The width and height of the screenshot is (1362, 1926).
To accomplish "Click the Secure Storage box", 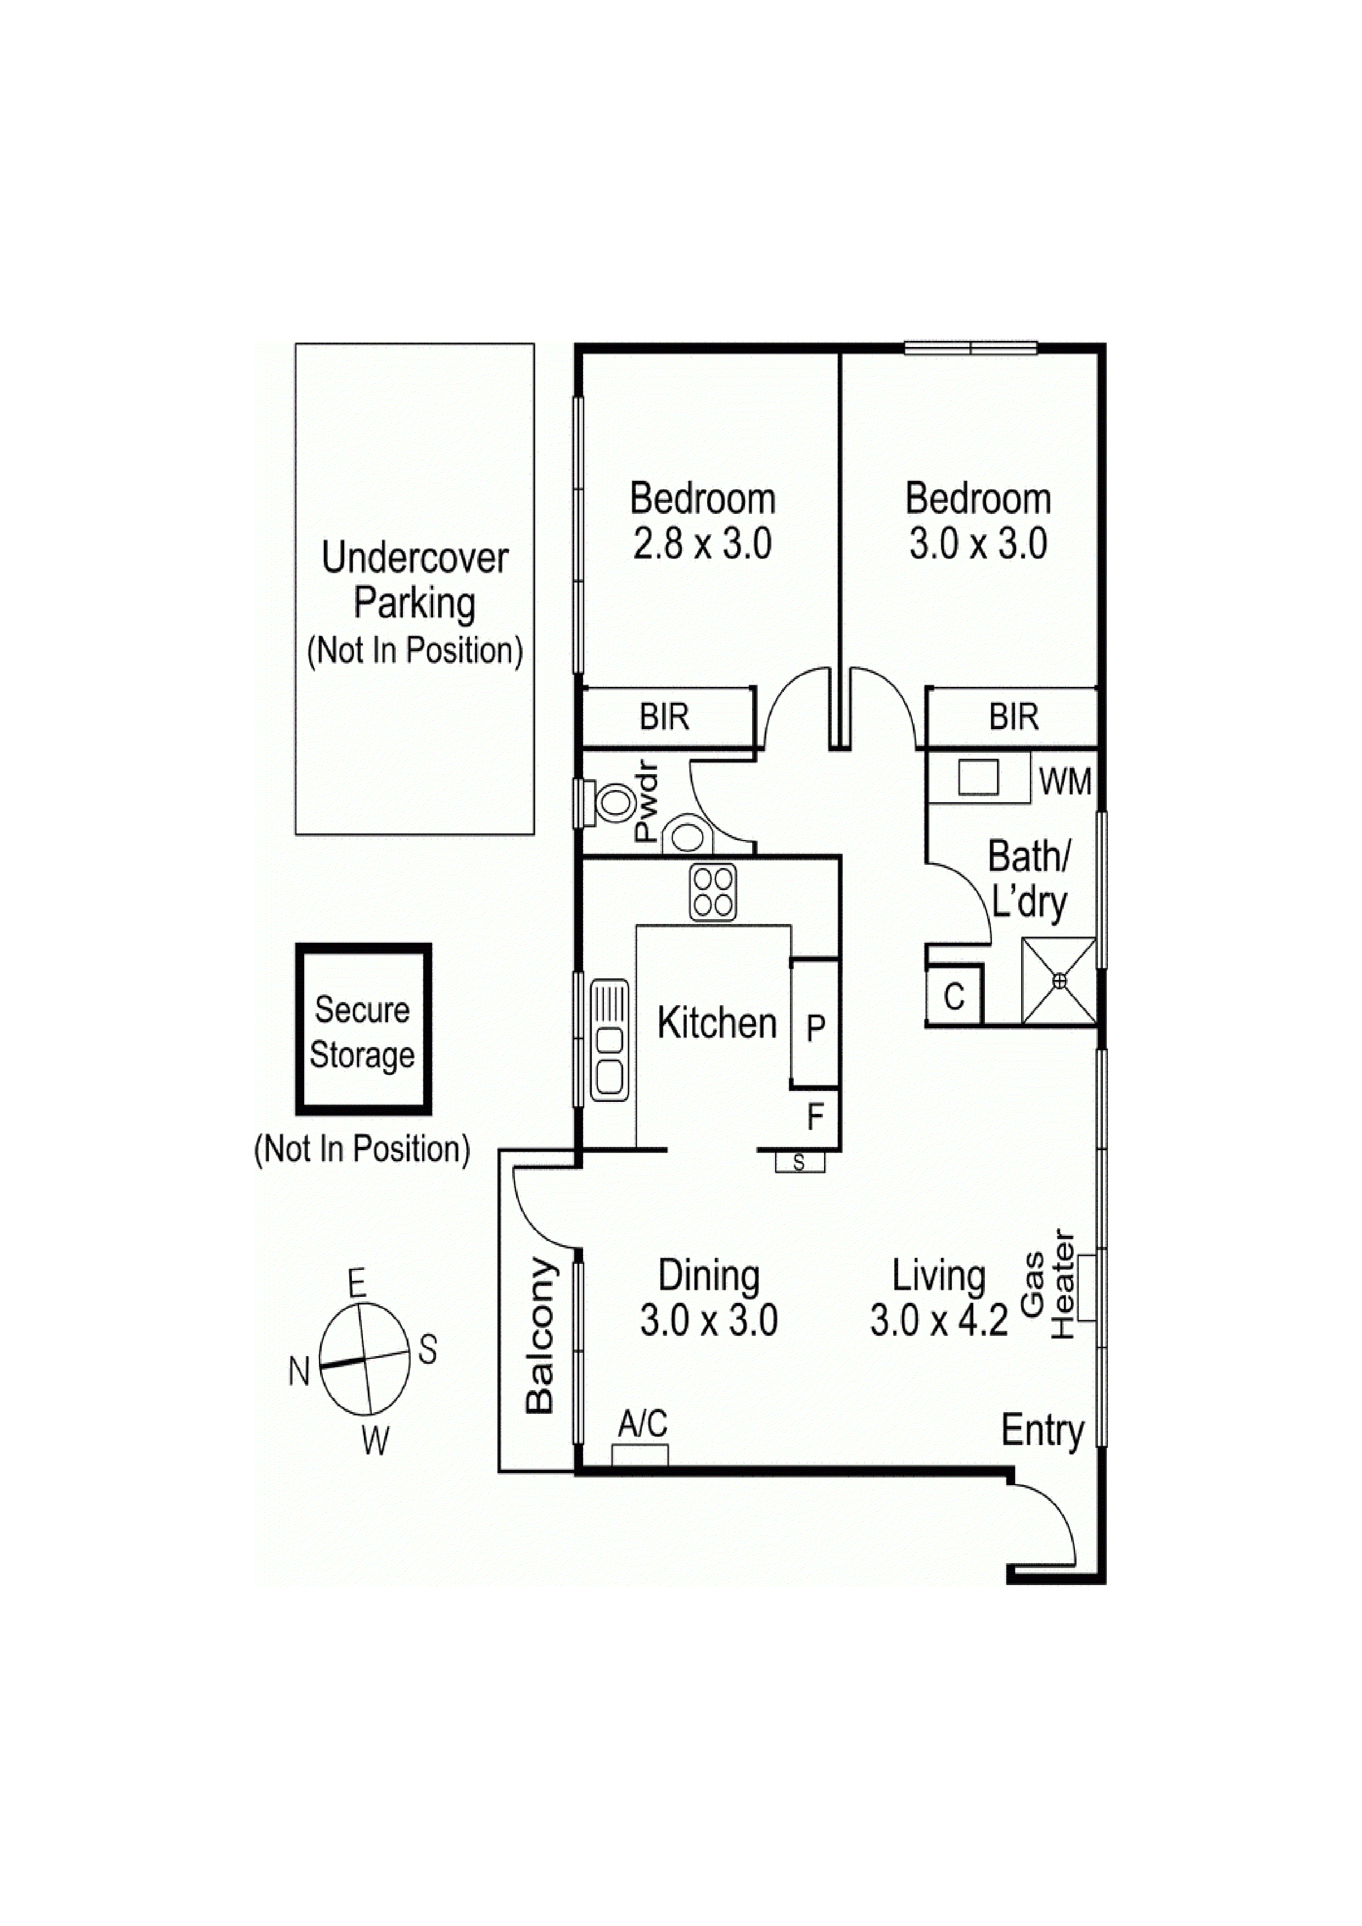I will (362, 1030).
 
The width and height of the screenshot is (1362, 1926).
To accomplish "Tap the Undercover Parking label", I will (414, 580).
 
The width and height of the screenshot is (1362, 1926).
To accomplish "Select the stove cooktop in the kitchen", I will (713, 892).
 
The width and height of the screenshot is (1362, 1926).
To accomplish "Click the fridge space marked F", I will (815, 1117).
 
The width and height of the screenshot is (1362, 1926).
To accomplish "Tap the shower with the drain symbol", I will (1058, 981).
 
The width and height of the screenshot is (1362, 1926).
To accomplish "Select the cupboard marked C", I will (954, 996).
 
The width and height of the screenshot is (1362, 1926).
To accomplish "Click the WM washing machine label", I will (1064, 782).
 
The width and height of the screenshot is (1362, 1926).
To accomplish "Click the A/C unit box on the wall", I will (640, 1454).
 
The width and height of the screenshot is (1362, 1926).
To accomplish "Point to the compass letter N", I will (299, 1373).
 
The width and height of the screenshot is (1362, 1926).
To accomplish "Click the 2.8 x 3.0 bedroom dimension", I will (702, 544).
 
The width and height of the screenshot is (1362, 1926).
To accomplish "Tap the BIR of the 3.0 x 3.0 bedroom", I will (1013, 716).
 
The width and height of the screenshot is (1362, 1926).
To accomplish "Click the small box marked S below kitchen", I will (799, 1163).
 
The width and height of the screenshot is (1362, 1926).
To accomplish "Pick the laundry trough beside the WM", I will (978, 777).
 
